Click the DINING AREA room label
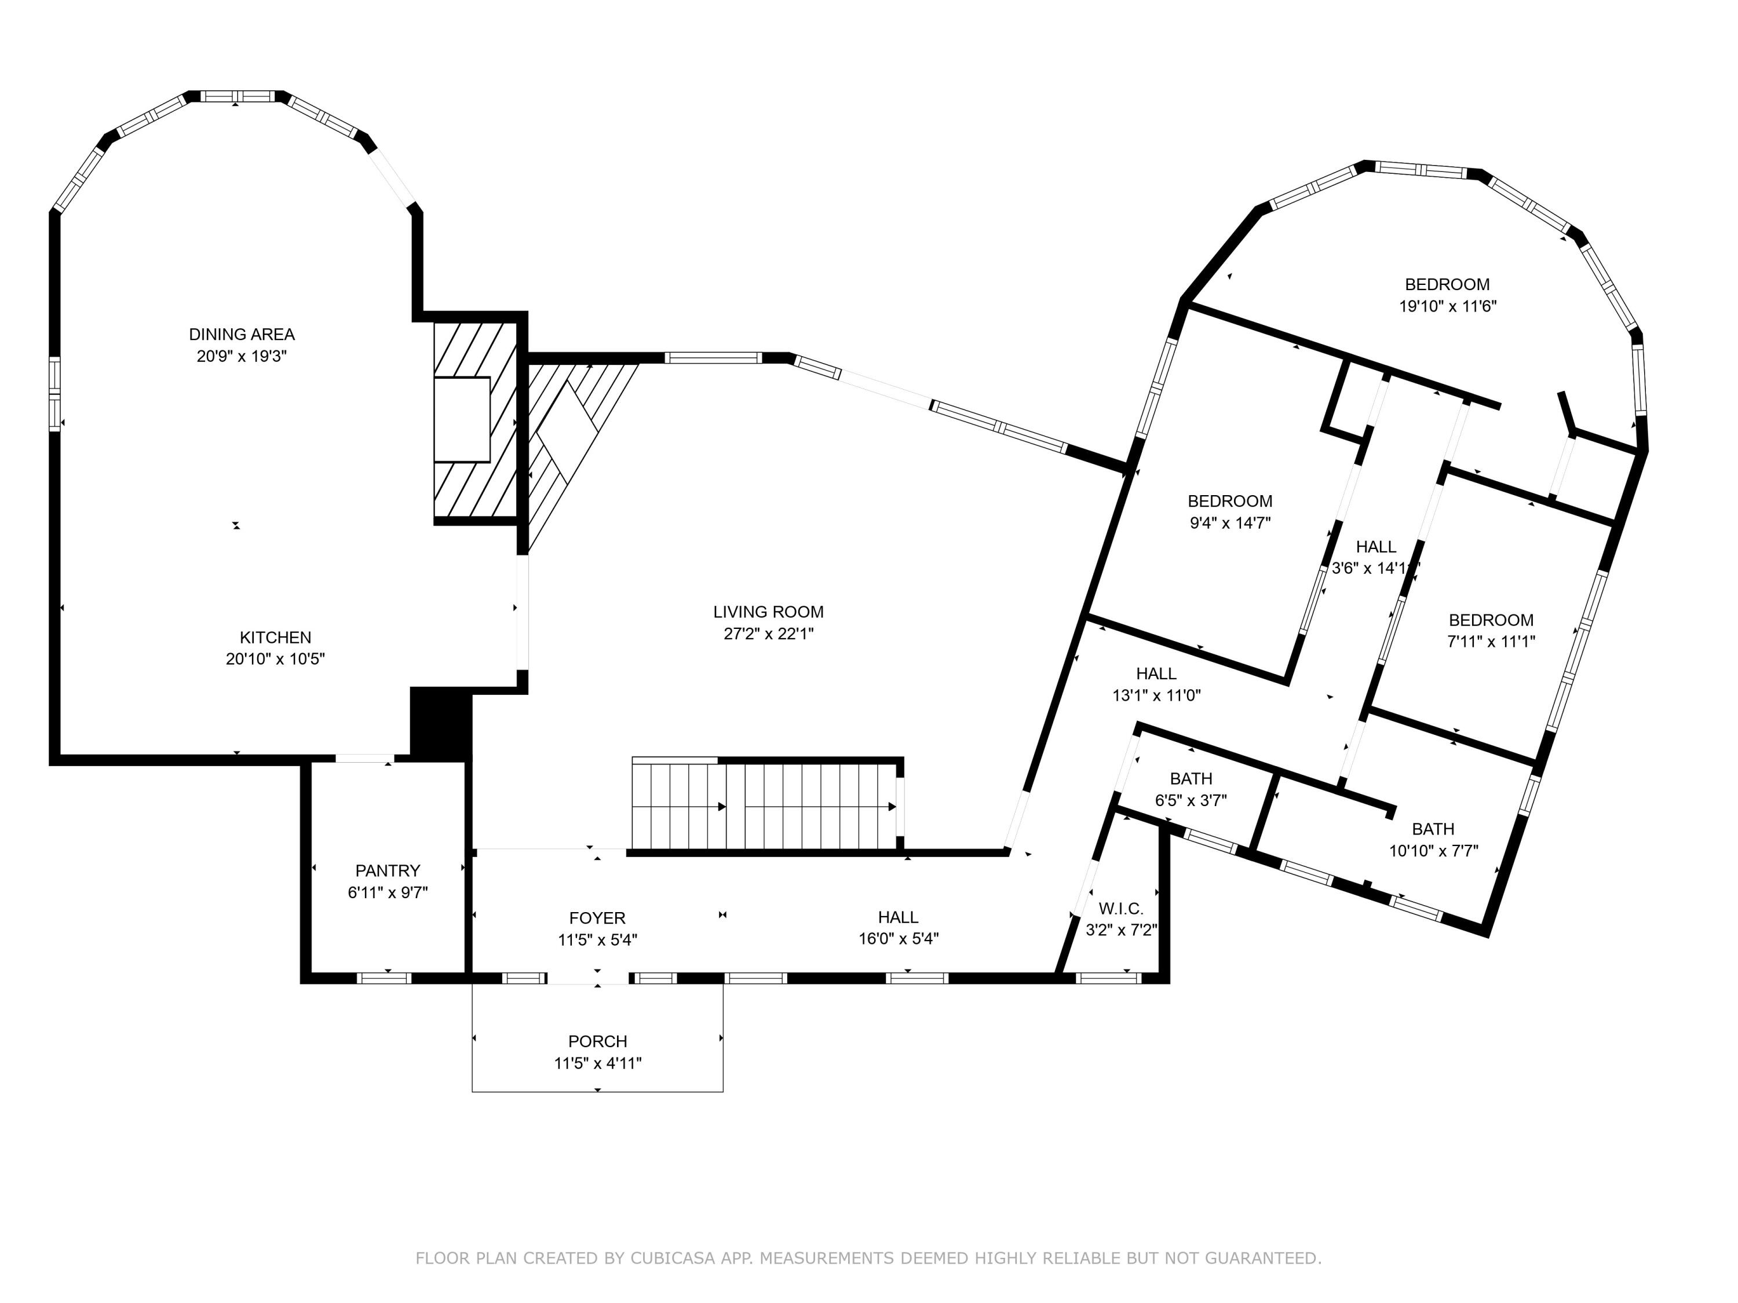tap(242, 335)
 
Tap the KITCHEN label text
tap(276, 638)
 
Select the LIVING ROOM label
tap(768, 612)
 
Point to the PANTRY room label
tap(388, 871)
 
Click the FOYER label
tap(598, 918)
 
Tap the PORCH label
tap(598, 1041)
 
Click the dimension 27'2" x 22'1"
tap(768, 634)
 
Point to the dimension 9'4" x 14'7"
tap(1231, 523)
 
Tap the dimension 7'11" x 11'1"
tap(1491, 642)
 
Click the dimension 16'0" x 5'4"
tap(899, 939)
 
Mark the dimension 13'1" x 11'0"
tap(1156, 695)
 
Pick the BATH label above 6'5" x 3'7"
tap(1191, 779)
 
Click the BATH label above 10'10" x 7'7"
tap(1433, 829)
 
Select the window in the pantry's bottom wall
tap(384, 978)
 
